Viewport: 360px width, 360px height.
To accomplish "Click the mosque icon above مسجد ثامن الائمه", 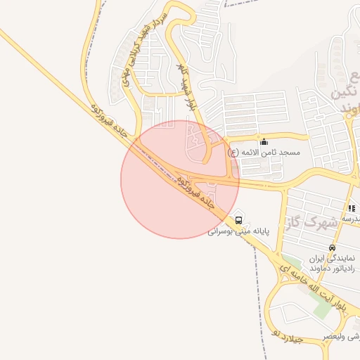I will [x=264, y=141].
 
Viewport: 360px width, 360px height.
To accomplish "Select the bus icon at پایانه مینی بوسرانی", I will [x=239, y=221].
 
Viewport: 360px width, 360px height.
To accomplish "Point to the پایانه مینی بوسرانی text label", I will [x=239, y=231].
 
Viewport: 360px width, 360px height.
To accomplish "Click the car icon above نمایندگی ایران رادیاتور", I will [x=332, y=247].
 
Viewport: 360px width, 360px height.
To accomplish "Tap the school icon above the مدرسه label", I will [x=351, y=208].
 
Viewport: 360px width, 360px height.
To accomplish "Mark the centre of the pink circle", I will [x=180, y=179].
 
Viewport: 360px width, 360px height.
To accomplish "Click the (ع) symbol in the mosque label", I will [x=233, y=152].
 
